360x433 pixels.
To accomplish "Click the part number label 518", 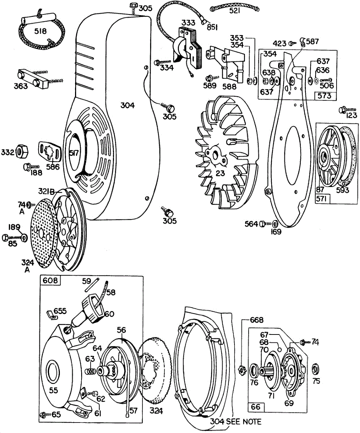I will point(40,31).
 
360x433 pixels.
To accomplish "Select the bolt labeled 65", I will point(44,415).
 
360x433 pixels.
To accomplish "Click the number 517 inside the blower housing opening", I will point(74,153).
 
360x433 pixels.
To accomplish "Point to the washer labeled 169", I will point(274,224).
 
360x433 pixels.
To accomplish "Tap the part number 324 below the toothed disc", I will point(156,411).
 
